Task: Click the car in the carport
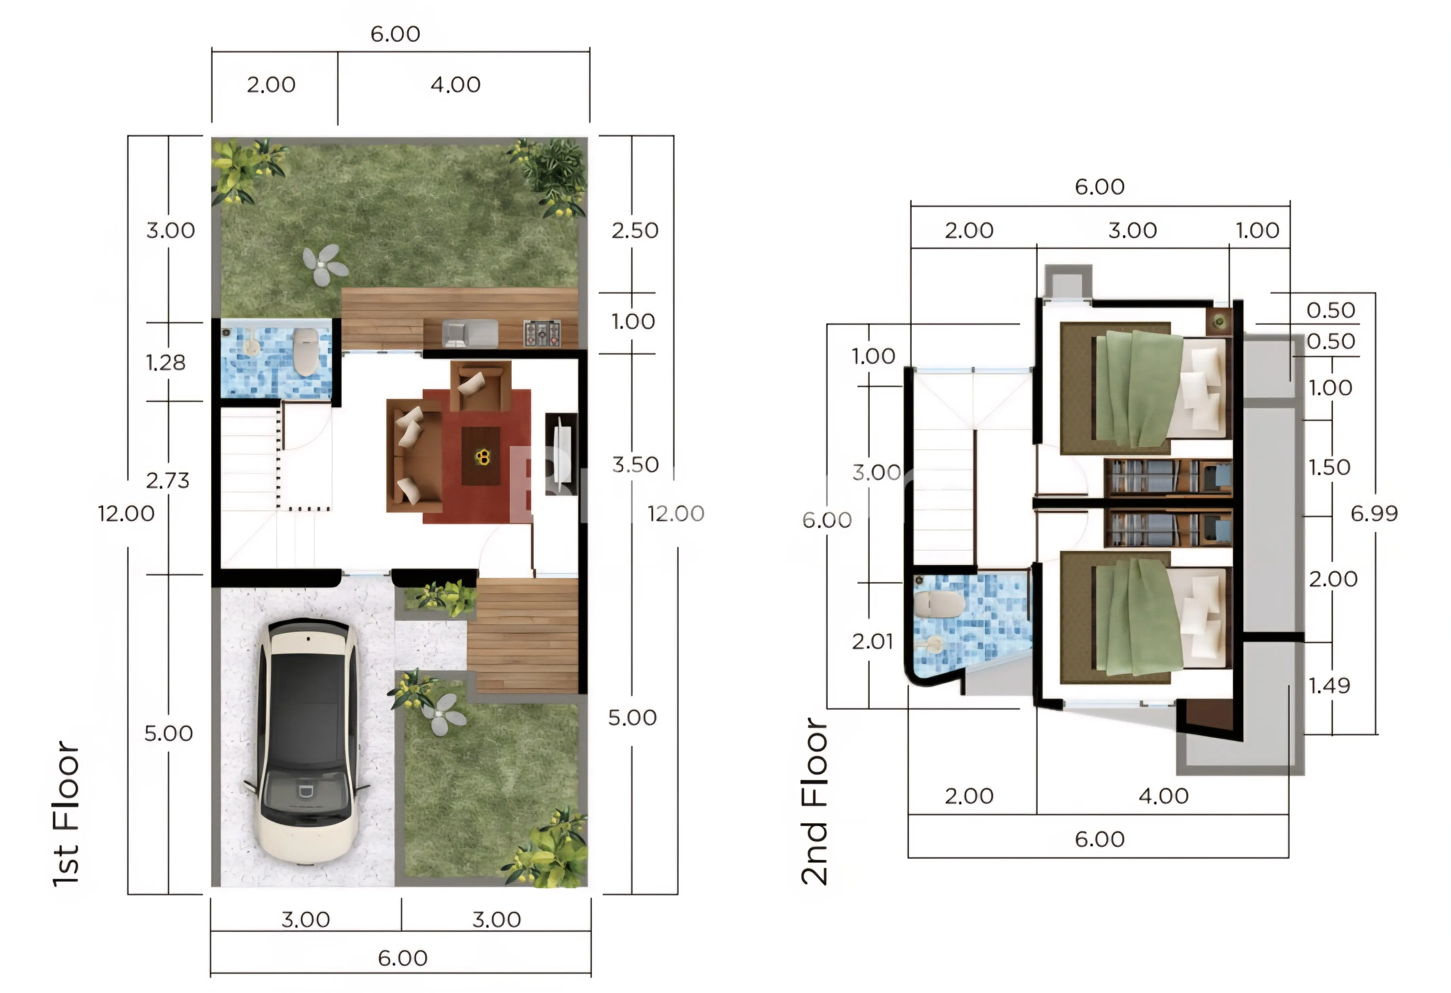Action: [x=307, y=741]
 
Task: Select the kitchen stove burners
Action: [x=541, y=333]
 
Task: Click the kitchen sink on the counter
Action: [x=469, y=333]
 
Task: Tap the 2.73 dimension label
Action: [x=167, y=481]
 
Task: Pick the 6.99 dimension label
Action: [x=1373, y=514]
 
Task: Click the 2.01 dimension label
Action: [x=872, y=641]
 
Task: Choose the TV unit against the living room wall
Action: [x=561, y=454]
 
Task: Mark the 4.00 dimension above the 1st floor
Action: [x=455, y=85]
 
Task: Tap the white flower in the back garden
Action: [x=325, y=265]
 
